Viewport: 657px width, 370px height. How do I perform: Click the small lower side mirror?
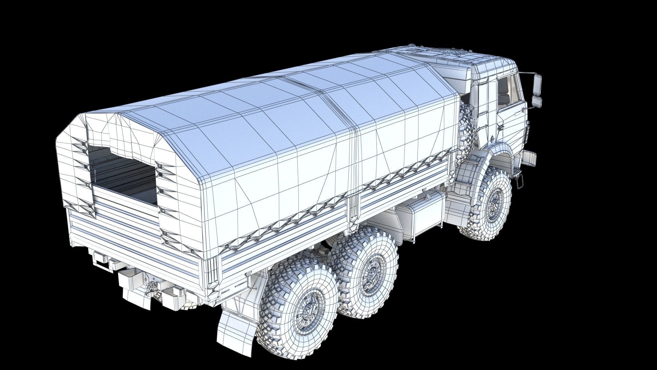click(537, 100)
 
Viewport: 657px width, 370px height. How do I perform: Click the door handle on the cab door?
click(500, 127)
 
